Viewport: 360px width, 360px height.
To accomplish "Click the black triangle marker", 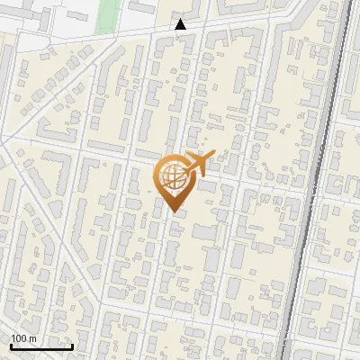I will (x=181, y=24).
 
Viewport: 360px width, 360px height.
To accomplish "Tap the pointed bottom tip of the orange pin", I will (x=174, y=212).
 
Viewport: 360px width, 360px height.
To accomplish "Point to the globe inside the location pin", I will (x=172, y=177).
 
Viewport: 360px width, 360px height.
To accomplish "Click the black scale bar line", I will (x=41, y=346).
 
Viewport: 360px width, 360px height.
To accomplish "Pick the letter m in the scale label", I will (x=32, y=338).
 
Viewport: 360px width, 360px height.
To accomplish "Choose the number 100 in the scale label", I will (x=19, y=338).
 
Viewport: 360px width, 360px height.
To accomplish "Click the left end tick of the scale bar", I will (x=10, y=345).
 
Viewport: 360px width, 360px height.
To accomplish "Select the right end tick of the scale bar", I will (x=72, y=345).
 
